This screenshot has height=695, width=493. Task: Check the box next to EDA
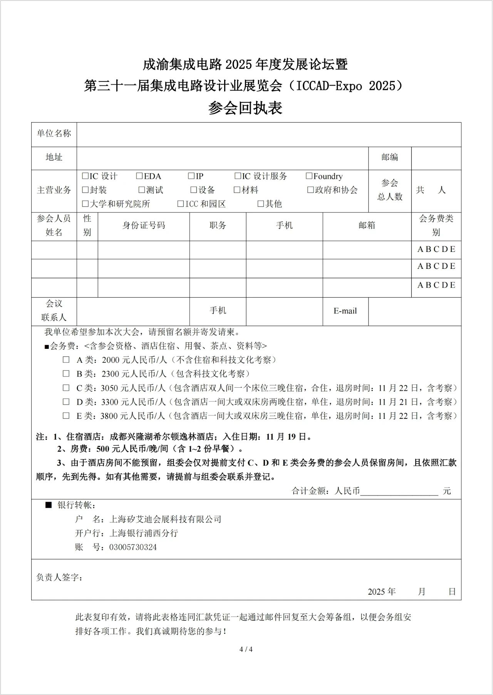tap(139, 176)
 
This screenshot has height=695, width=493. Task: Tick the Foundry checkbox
tap(309, 176)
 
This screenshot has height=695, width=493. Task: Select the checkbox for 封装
tap(86, 190)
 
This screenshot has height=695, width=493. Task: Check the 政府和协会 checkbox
tap(310, 190)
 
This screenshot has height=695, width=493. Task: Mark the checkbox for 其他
tap(261, 204)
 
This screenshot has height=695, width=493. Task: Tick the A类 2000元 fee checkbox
tap(66, 360)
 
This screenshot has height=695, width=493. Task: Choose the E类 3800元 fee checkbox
tap(66, 416)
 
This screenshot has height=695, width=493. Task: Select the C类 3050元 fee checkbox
tap(66, 388)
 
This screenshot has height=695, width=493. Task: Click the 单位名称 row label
tap(54, 133)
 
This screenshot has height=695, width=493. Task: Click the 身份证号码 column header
tap(144, 225)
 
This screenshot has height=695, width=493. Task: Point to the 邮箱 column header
tap(367, 225)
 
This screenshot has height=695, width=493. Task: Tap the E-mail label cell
tap(345, 311)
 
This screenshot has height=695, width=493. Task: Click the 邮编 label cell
tap(389, 157)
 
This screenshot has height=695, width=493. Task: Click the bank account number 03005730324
tap(133, 547)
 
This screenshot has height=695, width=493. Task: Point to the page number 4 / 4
tap(246, 650)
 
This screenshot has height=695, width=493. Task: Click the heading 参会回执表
tap(245, 108)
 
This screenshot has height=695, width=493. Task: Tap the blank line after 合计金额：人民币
tap(399, 491)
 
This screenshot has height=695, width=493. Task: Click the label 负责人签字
tap(59, 577)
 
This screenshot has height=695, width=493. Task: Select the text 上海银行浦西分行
tap(144, 533)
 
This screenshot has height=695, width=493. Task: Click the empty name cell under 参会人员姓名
tap(54, 250)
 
